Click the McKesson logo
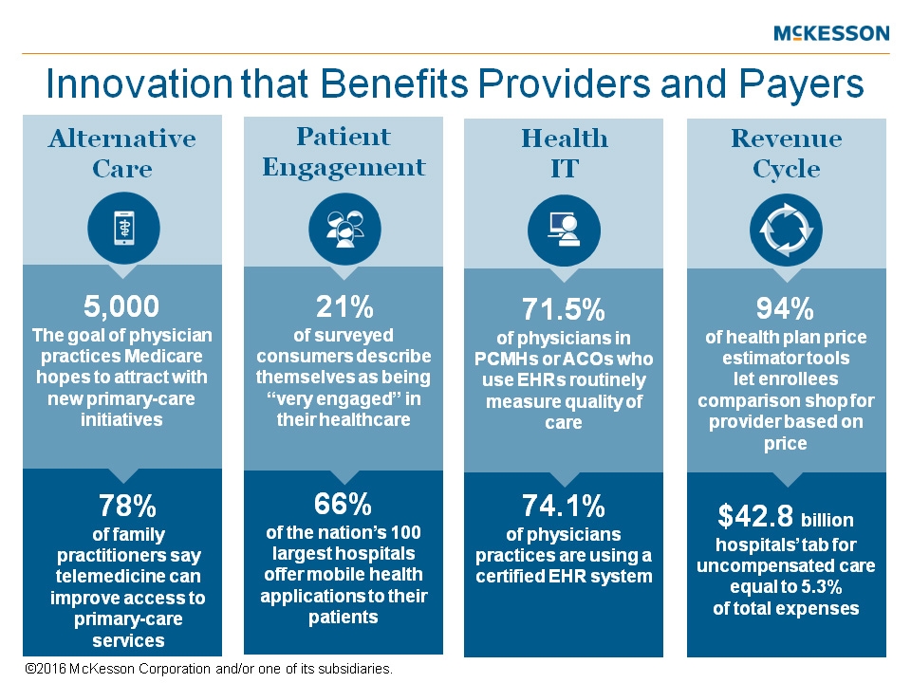(x=831, y=34)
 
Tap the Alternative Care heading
(x=122, y=154)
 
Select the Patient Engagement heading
(x=344, y=152)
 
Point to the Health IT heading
(x=565, y=154)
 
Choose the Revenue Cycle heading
(x=787, y=154)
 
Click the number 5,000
(x=121, y=306)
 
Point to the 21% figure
(x=344, y=306)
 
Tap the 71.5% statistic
(x=565, y=310)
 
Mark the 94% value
(x=786, y=309)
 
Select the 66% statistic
(x=344, y=502)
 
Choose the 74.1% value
(x=565, y=504)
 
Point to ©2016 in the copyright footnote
(x=42, y=669)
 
